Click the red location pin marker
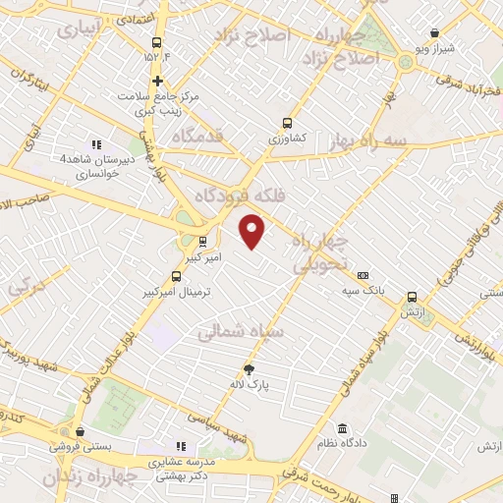[252, 230]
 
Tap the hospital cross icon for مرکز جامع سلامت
[157, 80]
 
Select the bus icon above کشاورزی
[287, 123]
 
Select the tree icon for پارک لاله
[250, 369]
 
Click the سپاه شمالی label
[241, 333]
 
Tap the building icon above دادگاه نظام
[341, 429]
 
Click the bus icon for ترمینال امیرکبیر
[176, 276]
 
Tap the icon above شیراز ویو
[434, 33]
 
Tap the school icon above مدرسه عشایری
[180, 445]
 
